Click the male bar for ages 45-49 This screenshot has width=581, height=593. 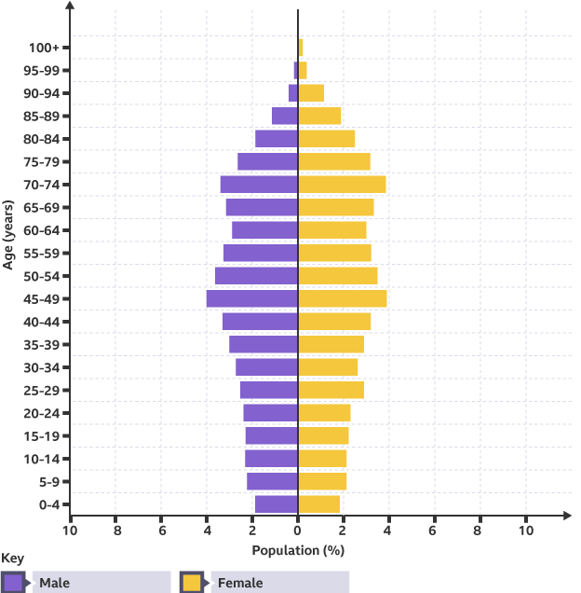[x=252, y=299]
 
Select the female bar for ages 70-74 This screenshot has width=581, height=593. [x=342, y=185]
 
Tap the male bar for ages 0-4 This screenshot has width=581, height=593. [x=277, y=504]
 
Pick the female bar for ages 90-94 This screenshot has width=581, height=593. [x=311, y=93]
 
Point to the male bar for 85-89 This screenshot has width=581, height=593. [x=285, y=116]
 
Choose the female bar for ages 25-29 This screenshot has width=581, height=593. [x=331, y=390]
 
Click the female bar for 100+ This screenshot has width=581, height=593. [x=301, y=48]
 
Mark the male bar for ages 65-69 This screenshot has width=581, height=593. [x=262, y=207]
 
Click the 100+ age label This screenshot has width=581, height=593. [x=44, y=48]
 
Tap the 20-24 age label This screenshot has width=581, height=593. [x=43, y=413]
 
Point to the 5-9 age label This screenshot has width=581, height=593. [x=47, y=482]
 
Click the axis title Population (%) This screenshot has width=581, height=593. [x=298, y=550]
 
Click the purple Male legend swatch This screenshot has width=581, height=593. [x=14, y=583]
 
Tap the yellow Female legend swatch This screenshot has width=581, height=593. [x=193, y=583]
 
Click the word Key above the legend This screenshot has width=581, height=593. [x=12, y=559]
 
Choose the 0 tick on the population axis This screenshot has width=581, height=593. [x=298, y=530]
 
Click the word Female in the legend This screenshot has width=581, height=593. [x=240, y=584]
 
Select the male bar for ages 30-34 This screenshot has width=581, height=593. [x=266, y=367]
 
